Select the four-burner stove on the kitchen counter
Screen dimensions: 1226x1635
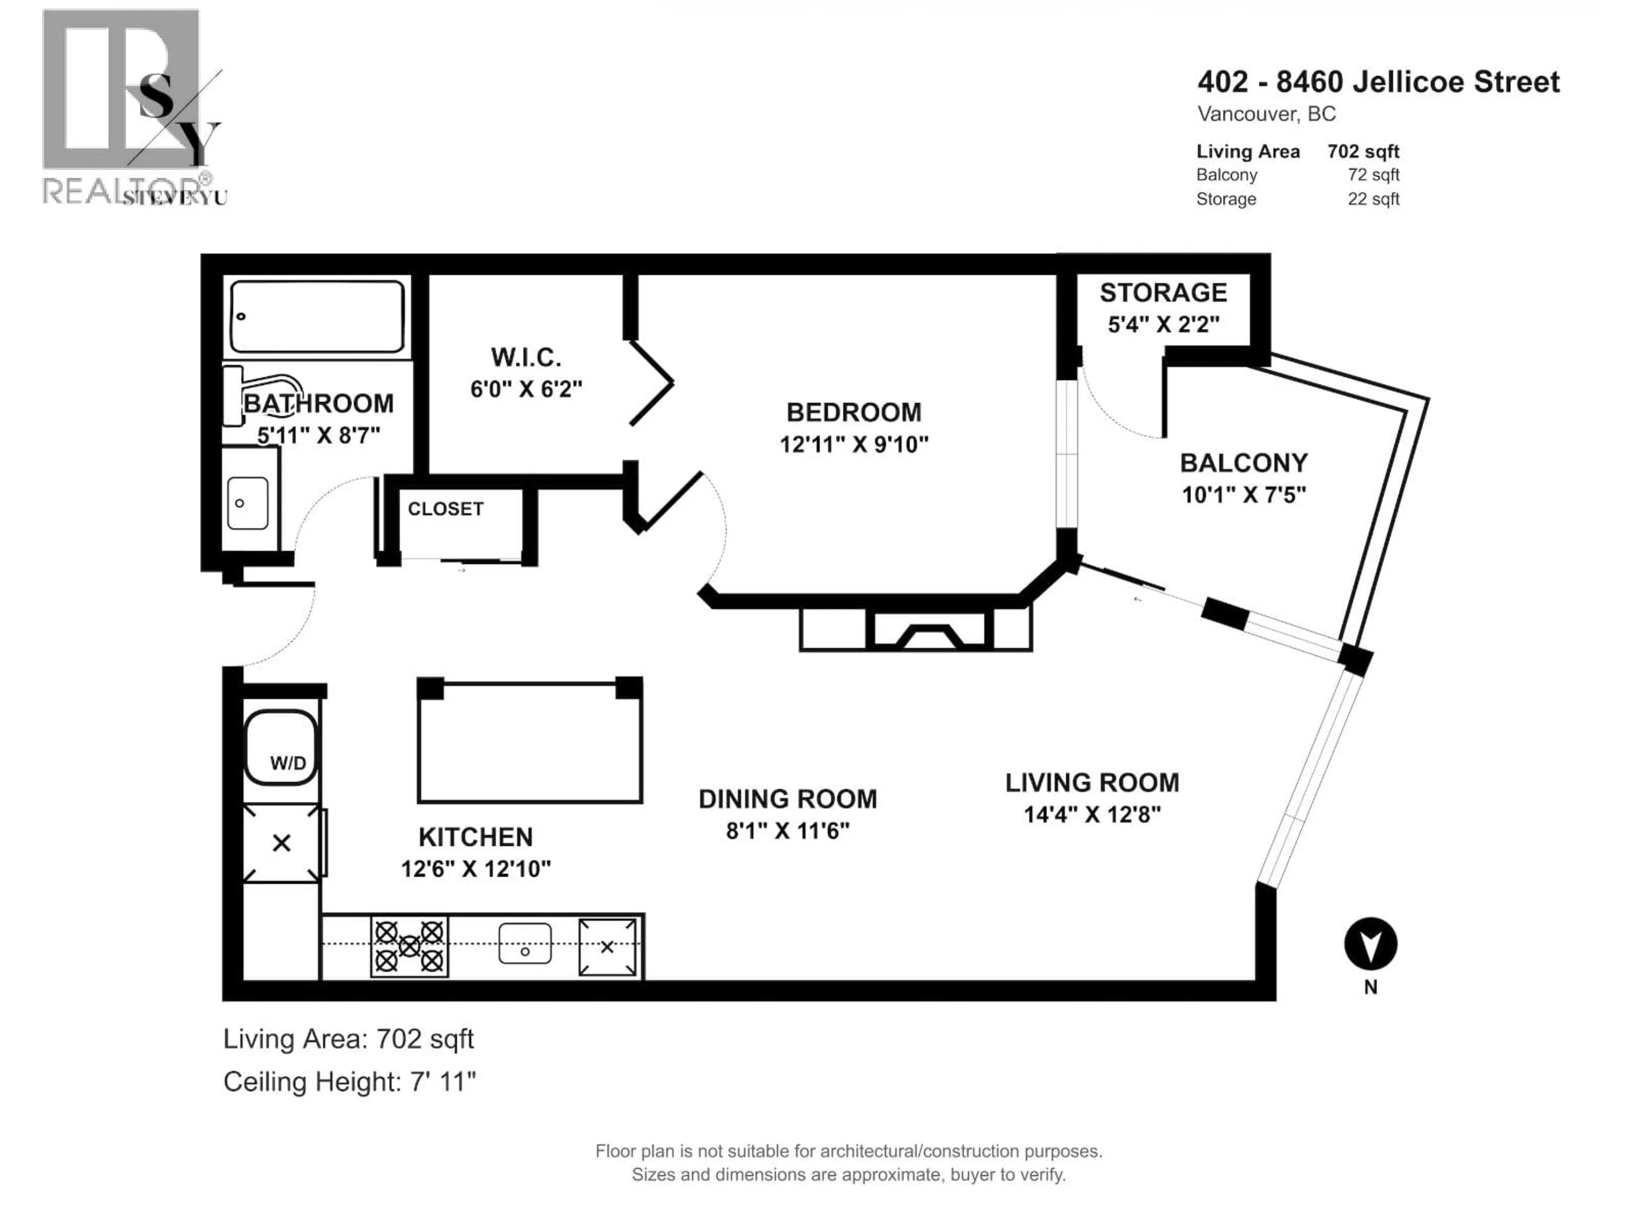coord(409,946)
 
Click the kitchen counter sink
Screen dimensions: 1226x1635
coord(525,944)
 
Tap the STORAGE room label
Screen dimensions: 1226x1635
coord(1163,292)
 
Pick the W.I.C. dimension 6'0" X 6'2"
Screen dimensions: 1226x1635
coord(526,389)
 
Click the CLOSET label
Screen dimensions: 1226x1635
coord(446,509)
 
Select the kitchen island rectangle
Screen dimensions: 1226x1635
coord(530,741)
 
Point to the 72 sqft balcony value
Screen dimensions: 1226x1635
coord(1373,175)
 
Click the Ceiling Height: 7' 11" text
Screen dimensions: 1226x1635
coord(350,1082)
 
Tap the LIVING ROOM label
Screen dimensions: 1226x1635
coord(1092,782)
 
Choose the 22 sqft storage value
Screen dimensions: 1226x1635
coord(1373,199)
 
